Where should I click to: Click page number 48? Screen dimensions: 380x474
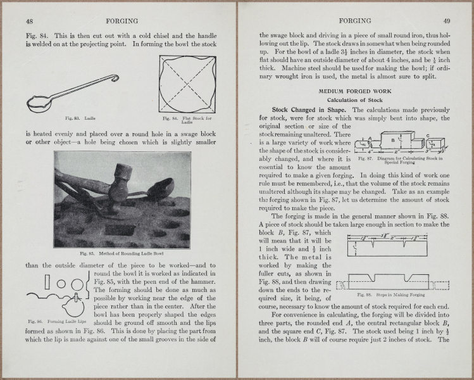(x=30, y=20)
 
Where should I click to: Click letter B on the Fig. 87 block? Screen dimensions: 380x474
(x=392, y=140)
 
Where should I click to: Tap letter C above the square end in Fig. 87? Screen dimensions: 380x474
(x=427, y=135)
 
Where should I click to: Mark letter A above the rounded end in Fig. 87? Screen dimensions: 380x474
(x=369, y=139)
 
